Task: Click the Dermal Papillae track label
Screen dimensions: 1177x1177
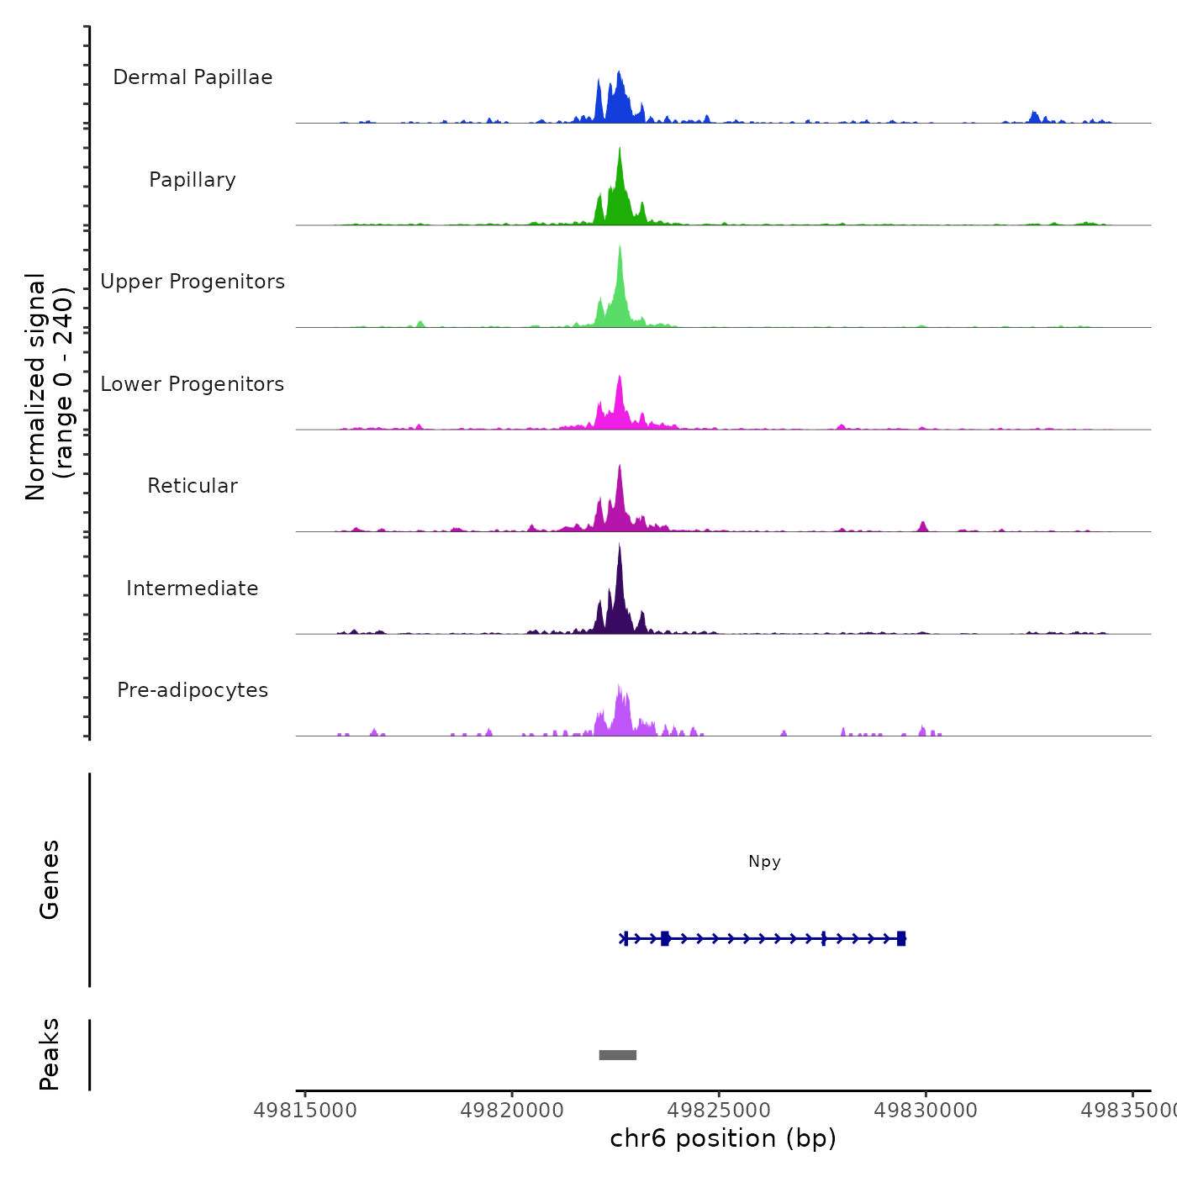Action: click(193, 77)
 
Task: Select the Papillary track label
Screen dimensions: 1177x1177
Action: click(193, 180)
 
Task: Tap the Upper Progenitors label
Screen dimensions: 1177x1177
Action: click(193, 282)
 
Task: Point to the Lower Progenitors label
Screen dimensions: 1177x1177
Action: click(193, 384)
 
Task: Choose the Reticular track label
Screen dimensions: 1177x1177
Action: click(193, 486)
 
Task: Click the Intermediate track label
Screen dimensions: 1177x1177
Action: click(193, 588)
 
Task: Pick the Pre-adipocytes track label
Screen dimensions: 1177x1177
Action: click(193, 690)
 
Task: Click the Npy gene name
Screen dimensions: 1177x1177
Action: click(764, 862)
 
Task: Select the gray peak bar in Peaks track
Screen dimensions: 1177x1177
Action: click(617, 1055)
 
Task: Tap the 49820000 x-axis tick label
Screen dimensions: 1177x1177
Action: click(512, 1111)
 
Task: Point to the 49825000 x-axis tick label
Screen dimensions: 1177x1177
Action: click(719, 1111)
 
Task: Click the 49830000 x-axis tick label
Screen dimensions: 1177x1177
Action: click(926, 1111)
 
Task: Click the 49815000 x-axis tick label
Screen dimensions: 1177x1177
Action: click(305, 1111)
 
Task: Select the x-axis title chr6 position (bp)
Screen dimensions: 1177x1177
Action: click(723, 1138)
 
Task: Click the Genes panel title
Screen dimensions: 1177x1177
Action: click(50, 879)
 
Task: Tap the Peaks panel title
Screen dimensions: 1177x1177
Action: click(50, 1054)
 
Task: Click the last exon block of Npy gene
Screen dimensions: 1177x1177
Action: click(901, 938)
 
